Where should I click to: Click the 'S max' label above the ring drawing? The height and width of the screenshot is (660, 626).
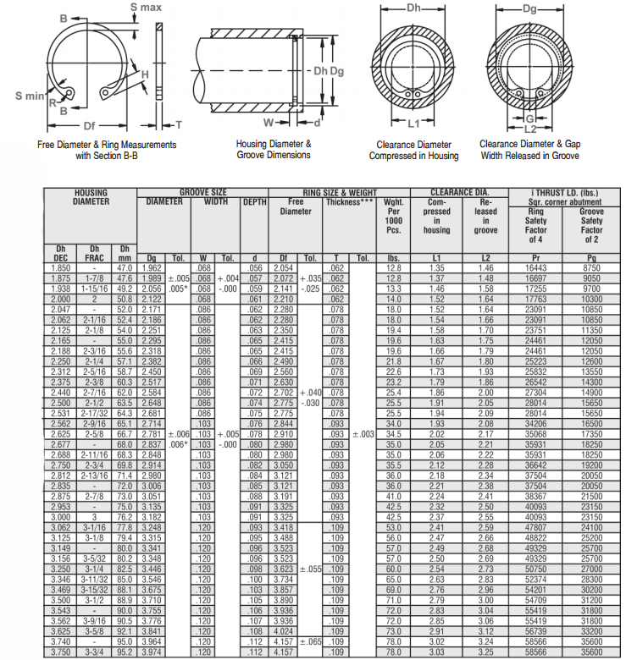146,8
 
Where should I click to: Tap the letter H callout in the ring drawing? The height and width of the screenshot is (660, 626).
146,74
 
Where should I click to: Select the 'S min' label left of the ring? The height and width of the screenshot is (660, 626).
29,95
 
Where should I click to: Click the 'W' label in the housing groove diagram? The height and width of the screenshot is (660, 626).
268,122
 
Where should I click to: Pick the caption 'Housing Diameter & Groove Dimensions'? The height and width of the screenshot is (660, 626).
274,150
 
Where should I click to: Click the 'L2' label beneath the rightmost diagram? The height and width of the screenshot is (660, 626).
530,129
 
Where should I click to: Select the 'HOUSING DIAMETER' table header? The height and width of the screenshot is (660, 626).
91,198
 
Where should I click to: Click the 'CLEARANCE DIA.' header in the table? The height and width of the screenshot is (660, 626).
462,193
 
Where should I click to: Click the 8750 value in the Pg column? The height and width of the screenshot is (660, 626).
591,267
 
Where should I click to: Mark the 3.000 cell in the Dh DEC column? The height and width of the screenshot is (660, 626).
60,516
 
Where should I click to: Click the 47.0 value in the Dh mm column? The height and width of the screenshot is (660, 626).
125,267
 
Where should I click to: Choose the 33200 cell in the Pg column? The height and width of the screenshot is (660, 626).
591,630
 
